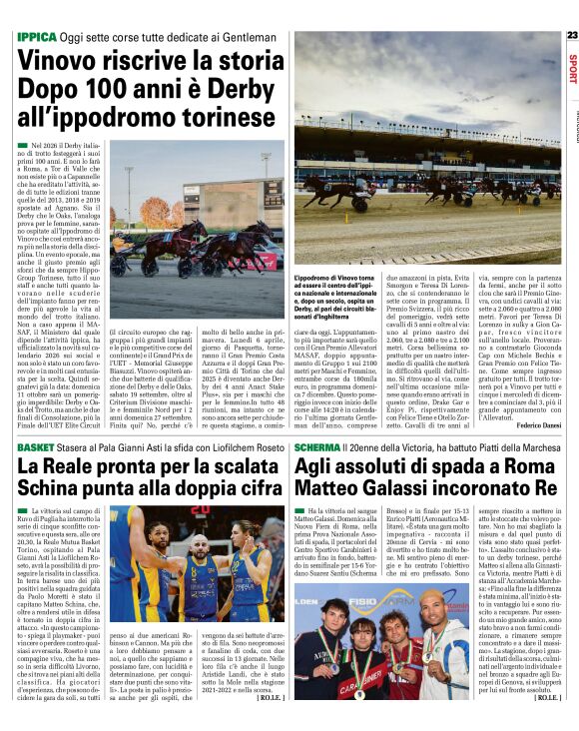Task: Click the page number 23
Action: coord(571,35)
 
